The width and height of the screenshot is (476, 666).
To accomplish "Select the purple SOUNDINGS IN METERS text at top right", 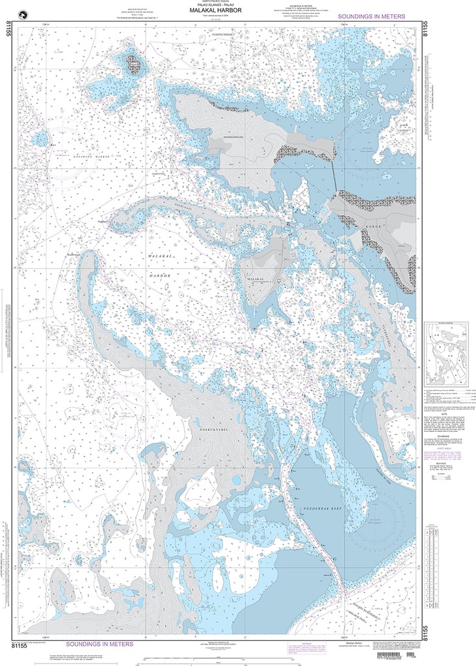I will (x=372, y=16).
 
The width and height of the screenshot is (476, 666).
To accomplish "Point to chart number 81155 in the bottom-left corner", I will (x=21, y=646).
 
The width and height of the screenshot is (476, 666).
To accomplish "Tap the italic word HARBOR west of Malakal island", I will (x=160, y=276).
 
